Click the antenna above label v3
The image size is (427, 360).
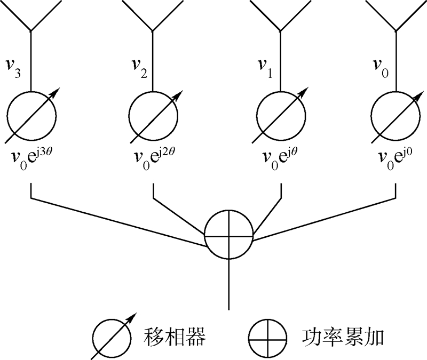[x=31, y=19]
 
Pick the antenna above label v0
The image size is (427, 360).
[x=395, y=19]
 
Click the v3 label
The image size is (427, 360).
[x=15, y=69]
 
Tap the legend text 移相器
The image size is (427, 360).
[x=176, y=337]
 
